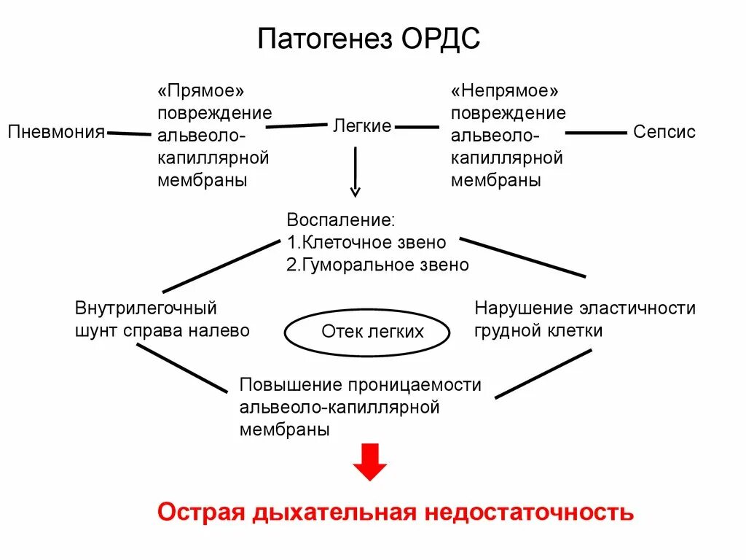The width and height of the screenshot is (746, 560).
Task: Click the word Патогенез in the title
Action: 325,38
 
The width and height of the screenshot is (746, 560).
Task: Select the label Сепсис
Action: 664,132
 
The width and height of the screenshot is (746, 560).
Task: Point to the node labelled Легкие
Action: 362,125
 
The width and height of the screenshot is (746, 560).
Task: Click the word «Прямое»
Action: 200,92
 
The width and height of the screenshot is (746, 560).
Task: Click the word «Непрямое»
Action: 504,92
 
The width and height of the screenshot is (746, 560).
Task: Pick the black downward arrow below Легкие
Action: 356,172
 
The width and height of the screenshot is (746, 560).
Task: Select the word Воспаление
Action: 340,219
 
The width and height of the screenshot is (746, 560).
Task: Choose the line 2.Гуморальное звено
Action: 377,265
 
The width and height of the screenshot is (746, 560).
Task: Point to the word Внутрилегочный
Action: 146,308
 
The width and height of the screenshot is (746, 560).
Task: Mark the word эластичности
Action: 638,308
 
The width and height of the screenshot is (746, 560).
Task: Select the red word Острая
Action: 199,513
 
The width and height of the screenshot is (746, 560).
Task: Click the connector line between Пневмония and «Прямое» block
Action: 128,133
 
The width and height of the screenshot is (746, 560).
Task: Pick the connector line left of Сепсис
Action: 596,133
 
